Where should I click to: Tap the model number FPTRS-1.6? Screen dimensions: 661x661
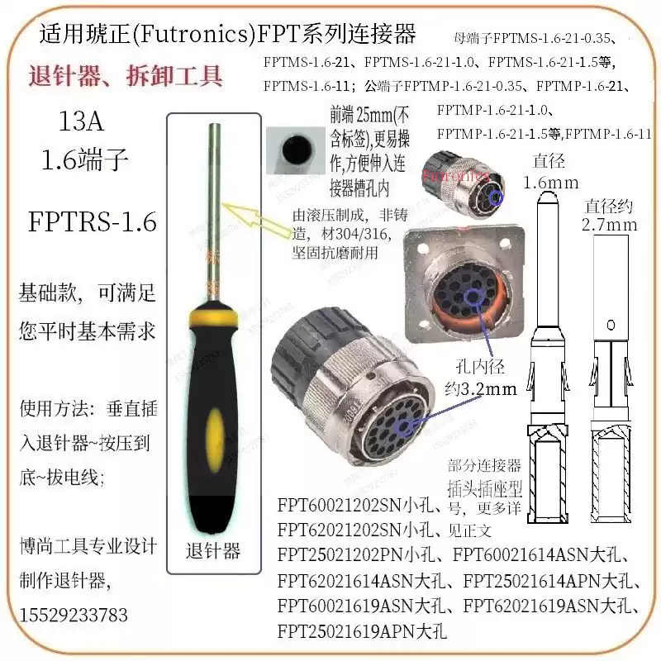93,223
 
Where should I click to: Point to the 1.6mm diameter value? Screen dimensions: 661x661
551,182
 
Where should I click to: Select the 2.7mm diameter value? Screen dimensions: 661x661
610,224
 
